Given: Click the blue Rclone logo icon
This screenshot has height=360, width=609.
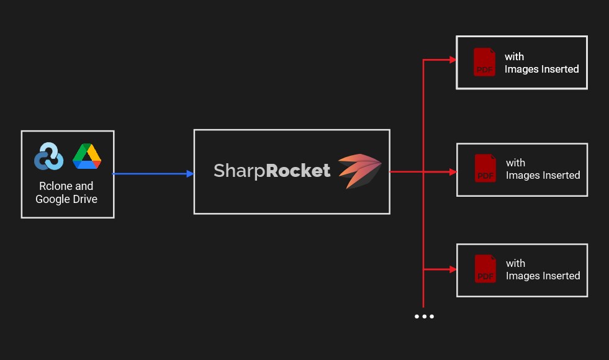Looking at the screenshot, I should pos(48,156).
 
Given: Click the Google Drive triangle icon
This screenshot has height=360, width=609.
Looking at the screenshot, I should pos(87,156).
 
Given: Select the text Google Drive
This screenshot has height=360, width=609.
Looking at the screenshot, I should pos(66,199).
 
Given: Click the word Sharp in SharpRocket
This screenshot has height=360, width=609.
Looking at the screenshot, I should pos(239,171).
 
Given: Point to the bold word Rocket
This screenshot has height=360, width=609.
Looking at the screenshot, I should pos(298,171).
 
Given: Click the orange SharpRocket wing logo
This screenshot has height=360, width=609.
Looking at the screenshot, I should pos(359,171).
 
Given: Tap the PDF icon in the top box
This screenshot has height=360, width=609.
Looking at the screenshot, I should pos(484,62).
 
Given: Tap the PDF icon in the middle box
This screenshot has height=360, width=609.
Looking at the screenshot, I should pos(485,168).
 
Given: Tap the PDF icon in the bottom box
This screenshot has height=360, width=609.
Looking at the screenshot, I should pos(485,269).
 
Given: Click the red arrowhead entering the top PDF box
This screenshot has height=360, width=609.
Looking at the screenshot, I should pos(453,61).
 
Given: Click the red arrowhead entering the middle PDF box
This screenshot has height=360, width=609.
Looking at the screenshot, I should pos(453,172).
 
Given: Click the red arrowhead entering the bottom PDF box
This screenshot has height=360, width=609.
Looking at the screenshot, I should pos(453,269).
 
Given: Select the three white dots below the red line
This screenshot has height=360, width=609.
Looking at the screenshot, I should pos(424,317).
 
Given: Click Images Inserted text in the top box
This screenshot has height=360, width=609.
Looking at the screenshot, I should pos(541,69).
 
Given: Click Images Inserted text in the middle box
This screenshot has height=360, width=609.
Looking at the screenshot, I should pos(543,175).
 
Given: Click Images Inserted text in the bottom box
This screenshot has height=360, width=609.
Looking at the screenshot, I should pos(543,276).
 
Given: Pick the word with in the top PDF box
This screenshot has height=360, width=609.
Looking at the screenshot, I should pos(514,56).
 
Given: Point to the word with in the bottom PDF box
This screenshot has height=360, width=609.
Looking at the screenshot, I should pos(515,263).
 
